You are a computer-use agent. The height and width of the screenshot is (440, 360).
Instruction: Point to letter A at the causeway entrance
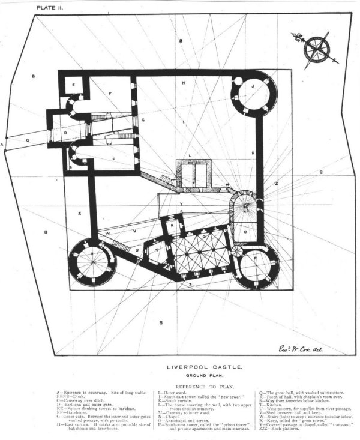pyautogui.click(x=3, y=145)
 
